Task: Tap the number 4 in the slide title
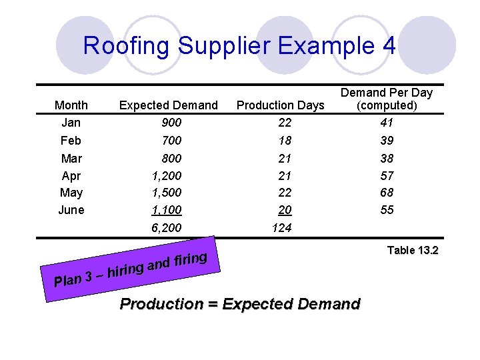(x=389, y=46)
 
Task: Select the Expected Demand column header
(x=168, y=105)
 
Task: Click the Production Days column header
(x=281, y=105)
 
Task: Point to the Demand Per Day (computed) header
(x=387, y=99)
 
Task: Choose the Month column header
(x=71, y=105)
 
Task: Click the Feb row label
(x=71, y=141)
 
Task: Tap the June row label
(x=71, y=210)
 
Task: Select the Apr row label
(x=71, y=176)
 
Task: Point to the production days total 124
(x=281, y=228)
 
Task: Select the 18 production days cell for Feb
(x=284, y=141)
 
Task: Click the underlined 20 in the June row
(x=285, y=210)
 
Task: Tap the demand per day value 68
(x=387, y=193)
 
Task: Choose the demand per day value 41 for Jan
(x=387, y=123)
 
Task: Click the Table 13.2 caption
(x=413, y=251)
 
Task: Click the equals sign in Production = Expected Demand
(x=213, y=305)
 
